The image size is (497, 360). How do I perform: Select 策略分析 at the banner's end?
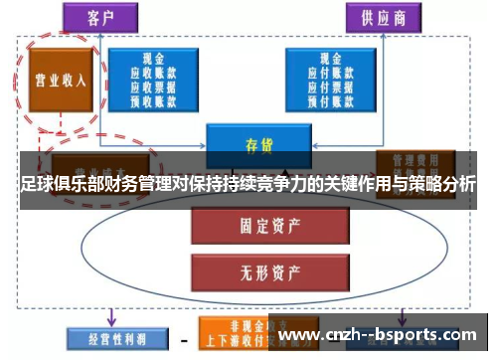tap(442, 184)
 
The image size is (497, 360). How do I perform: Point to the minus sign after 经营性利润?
tap(184, 338)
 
